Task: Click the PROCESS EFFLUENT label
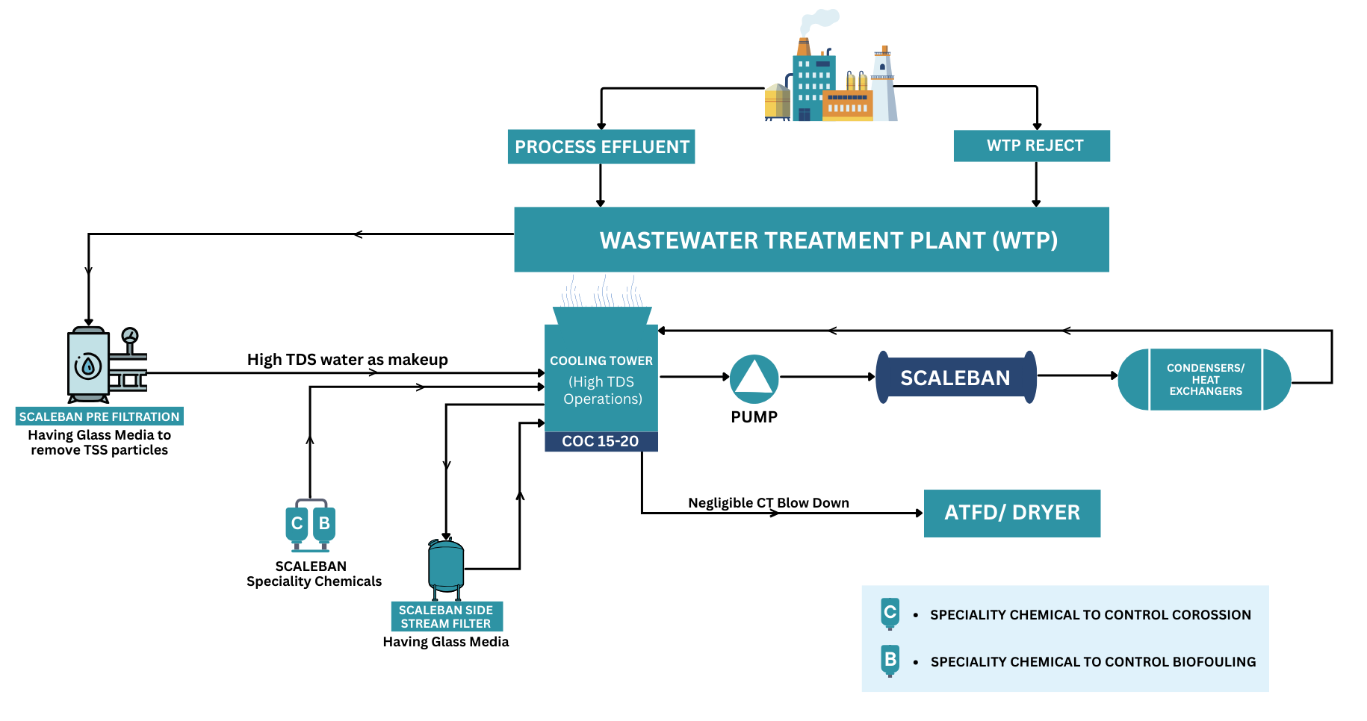point(601,147)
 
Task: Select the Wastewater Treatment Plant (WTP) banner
point(812,240)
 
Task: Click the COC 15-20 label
point(601,441)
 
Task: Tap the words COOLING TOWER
point(601,360)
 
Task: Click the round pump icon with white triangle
point(754,378)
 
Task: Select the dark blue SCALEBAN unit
point(955,378)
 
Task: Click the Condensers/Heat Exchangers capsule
point(1204,379)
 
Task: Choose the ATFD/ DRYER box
point(1011,513)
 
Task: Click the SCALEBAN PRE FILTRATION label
point(99,416)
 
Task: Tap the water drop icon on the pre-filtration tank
point(88,366)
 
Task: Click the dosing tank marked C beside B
point(297,524)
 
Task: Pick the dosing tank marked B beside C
point(324,524)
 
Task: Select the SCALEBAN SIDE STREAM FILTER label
point(446,617)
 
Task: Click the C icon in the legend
point(890,614)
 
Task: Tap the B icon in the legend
point(890,660)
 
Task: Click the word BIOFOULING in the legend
point(1214,662)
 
